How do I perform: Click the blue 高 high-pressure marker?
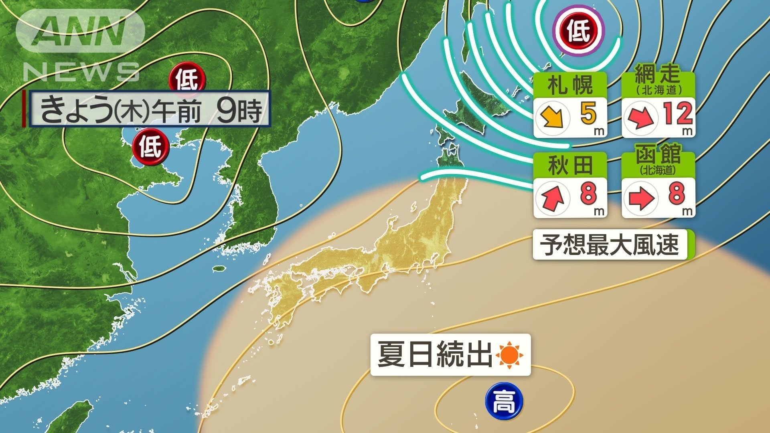coord(504,401)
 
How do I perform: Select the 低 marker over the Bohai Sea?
coord(151,147)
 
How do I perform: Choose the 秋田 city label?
coord(570,165)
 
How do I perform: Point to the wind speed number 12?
coord(677,114)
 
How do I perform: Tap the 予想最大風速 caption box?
coord(610,244)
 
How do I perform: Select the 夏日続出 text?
coord(435,354)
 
